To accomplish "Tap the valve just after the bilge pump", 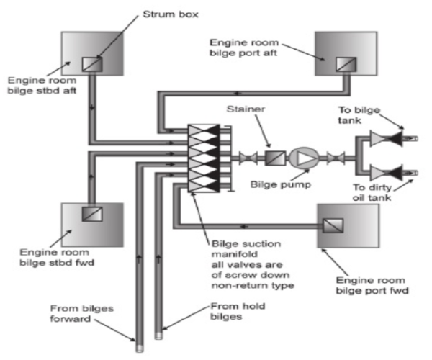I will (x=333, y=157).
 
